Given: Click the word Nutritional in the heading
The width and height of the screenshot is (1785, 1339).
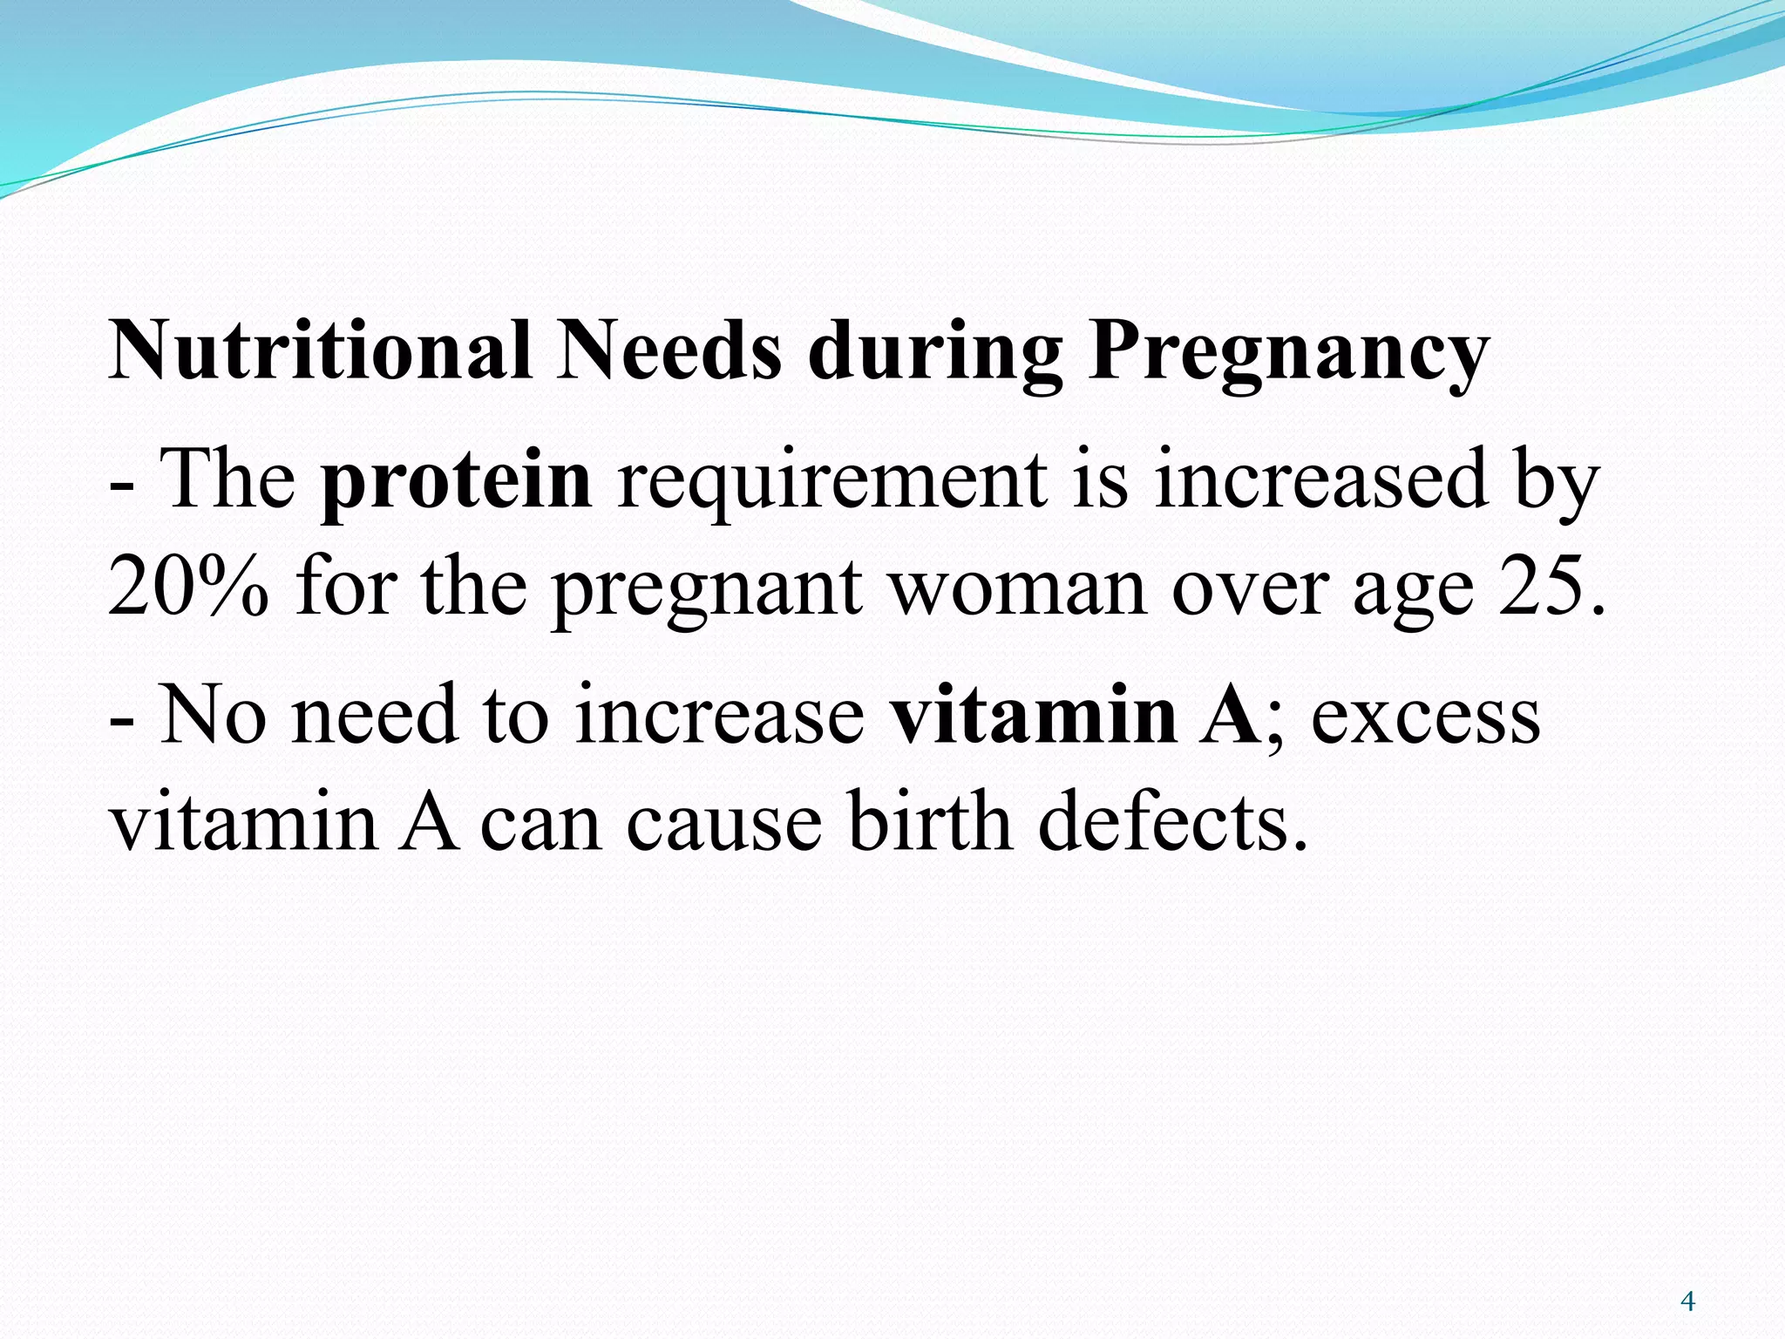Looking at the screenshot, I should point(320,350).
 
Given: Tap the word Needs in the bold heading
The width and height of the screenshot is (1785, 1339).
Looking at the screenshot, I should point(669,350).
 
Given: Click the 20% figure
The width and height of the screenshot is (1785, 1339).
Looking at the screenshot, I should point(188,586).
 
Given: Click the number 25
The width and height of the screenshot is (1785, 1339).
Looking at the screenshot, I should point(1539,586).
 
